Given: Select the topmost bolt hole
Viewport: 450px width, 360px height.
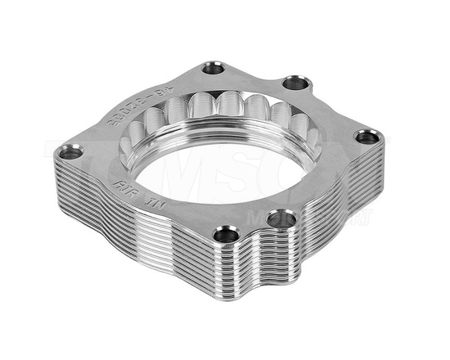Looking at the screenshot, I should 214,67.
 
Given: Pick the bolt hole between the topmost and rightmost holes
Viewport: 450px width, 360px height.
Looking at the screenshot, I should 296,83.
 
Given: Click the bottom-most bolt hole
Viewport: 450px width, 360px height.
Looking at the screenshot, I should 228,235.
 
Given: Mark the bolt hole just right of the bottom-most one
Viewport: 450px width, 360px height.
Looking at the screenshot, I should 281,218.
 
